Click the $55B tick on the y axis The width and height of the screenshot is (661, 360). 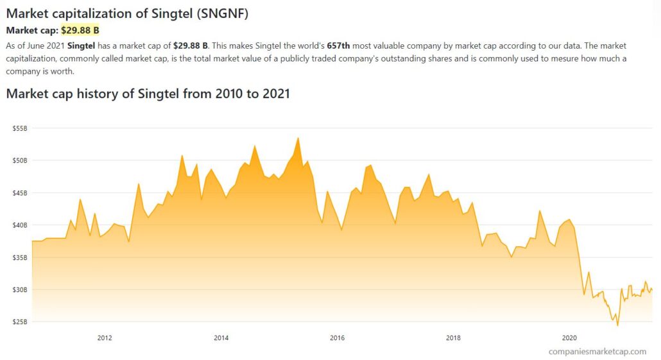[x=20, y=128]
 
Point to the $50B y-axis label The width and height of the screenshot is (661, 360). [x=20, y=160]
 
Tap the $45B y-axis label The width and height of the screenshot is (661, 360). [x=20, y=193]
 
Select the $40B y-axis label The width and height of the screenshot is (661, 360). [x=20, y=225]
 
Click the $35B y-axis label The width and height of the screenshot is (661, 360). [x=20, y=257]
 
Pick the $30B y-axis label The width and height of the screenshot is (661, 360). [x=20, y=289]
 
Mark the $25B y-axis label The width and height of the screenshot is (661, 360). [x=20, y=321]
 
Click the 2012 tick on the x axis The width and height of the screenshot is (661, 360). [x=105, y=338]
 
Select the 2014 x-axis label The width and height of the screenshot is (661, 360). [x=221, y=338]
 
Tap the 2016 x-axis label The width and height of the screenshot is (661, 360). [x=337, y=338]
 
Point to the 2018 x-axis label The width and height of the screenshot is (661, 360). [x=453, y=338]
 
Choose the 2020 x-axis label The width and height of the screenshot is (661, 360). [x=569, y=338]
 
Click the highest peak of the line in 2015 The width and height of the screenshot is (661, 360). [x=298, y=138]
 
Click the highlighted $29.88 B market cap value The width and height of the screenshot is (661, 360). [x=80, y=30]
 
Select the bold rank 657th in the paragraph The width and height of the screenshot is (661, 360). [x=338, y=46]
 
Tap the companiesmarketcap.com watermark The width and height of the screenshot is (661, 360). [x=597, y=351]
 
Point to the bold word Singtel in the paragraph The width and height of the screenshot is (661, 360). [x=81, y=46]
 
